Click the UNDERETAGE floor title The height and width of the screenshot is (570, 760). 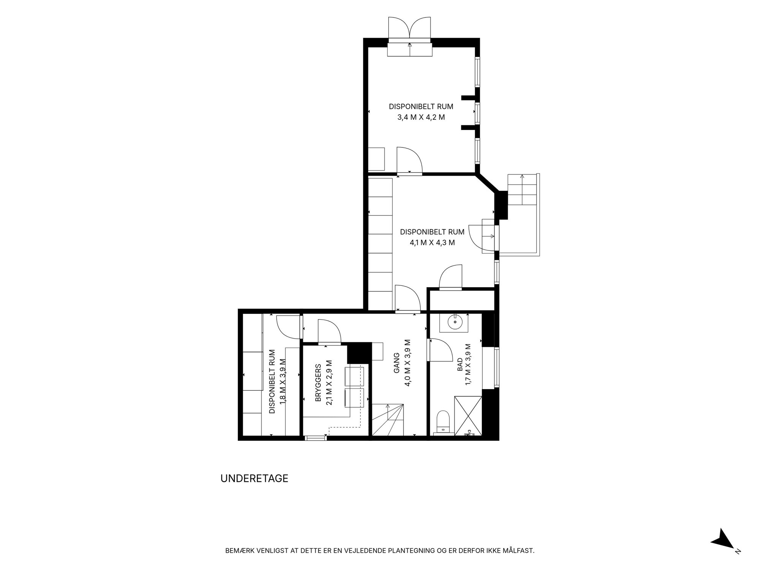[x=254, y=478]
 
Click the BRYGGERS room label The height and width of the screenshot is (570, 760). [x=318, y=383]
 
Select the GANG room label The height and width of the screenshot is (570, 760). [x=397, y=363]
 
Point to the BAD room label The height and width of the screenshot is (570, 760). [x=459, y=364]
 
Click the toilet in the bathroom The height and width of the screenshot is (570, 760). [x=443, y=422]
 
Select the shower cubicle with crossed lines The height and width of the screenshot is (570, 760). [x=468, y=415]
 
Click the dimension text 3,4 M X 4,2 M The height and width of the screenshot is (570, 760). [x=421, y=117]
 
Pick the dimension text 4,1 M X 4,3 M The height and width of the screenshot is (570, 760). [x=432, y=242]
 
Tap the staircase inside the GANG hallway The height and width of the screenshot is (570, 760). [x=387, y=420]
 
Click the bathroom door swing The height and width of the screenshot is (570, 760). [x=440, y=349]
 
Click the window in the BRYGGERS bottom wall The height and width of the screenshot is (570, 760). [x=316, y=438]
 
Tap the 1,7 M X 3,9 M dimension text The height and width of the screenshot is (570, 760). [x=468, y=364]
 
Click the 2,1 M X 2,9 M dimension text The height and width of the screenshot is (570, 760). [x=329, y=383]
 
